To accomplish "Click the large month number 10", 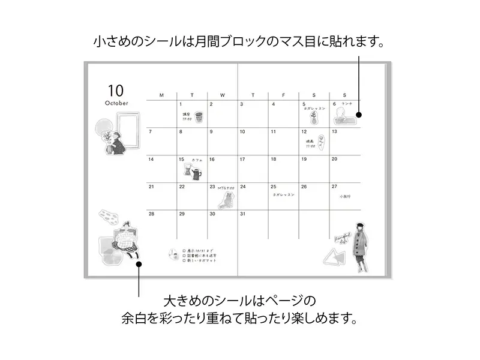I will [x=116, y=91].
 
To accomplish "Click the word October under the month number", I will [x=116, y=103].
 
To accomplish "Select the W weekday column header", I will [x=223, y=95].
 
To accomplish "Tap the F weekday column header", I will [x=284, y=95].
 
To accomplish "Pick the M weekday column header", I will [x=161, y=95].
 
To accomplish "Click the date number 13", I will [x=334, y=131].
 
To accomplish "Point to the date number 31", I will [x=242, y=214].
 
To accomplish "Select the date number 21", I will [x=151, y=187].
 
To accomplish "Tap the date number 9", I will [x=211, y=131].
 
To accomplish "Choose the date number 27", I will [x=334, y=187].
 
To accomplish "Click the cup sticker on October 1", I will [x=199, y=116].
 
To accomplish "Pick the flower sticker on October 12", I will [x=320, y=143].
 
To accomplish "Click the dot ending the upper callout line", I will [x=359, y=115].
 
